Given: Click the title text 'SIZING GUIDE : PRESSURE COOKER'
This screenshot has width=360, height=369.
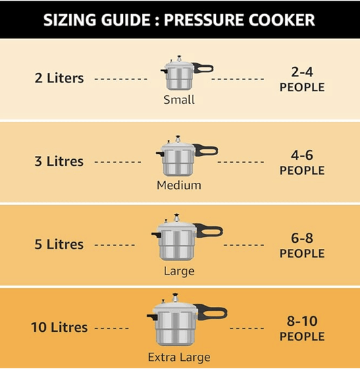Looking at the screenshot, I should pos(179,19).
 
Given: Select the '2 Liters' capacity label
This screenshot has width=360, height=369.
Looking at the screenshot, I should pos(59,78).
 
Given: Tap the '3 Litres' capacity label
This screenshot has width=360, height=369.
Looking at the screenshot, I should pos(59,161).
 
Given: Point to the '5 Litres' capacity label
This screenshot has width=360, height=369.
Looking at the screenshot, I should pos(59,244).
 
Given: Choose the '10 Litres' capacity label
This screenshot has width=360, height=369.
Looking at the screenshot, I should pos(59,327).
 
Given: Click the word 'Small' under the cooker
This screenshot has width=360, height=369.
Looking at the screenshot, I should pos(179,100).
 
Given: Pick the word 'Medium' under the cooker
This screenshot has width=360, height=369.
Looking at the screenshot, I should pos(179,185).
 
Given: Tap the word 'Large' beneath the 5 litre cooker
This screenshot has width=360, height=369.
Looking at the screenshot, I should pos(179,271).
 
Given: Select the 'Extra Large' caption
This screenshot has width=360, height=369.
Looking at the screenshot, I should pos(179,358).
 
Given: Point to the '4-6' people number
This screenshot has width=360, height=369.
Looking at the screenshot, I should pos(302,155).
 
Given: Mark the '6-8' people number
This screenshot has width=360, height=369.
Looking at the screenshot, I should pos(302,238).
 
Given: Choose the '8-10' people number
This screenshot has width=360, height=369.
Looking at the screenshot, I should pos(302,321).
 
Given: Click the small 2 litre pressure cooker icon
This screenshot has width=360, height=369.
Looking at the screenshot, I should pos(179,74).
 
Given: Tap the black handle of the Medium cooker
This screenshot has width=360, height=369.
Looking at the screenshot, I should pos(206,150).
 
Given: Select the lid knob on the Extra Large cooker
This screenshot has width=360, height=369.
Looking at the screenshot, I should pos(177,296).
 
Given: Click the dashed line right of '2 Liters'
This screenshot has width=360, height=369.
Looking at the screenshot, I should pos(120,79).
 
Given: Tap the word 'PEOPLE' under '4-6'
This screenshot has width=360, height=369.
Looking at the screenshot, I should pos(302,171).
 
